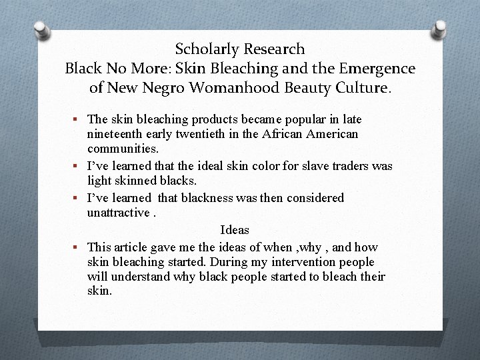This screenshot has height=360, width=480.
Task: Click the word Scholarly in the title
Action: [207, 49]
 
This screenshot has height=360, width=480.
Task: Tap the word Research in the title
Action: [274, 49]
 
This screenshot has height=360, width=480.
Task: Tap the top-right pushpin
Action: [440, 28]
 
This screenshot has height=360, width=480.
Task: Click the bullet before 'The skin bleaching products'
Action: [77, 119]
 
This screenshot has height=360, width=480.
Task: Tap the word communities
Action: [122, 149]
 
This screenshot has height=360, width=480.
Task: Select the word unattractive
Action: [117, 213]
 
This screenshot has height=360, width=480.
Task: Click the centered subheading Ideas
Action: [235, 230]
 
